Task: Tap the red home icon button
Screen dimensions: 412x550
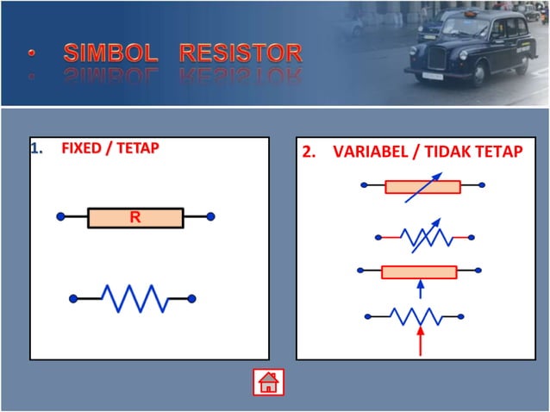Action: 268,381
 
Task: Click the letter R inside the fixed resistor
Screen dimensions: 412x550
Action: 135,217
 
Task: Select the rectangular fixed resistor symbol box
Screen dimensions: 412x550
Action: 135,217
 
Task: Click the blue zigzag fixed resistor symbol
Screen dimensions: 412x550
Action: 134,298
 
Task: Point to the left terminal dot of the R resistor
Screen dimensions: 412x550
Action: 60,216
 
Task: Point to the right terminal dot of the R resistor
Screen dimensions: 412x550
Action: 210,216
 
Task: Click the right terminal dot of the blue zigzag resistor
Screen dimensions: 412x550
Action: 191,298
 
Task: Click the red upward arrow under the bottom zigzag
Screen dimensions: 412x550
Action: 420,342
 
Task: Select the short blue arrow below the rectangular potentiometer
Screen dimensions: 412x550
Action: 420,288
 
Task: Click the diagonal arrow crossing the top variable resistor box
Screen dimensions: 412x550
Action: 424,185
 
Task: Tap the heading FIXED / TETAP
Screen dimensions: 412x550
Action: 110,147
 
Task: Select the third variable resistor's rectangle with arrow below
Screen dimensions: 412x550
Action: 419,272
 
